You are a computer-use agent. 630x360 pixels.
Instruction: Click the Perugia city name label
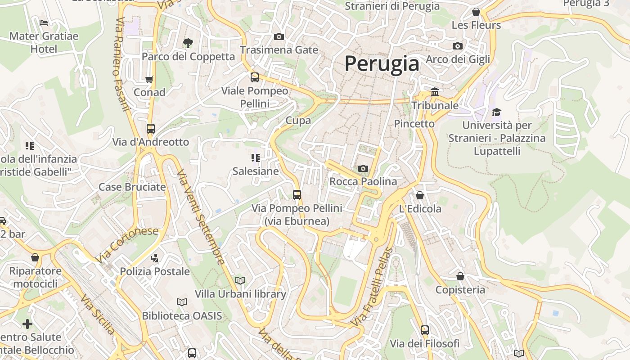(382, 63)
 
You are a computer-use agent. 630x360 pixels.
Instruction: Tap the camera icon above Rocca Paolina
(363, 169)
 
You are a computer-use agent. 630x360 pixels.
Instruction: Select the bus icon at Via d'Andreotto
(151, 129)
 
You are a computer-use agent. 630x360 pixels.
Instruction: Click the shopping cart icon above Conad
(149, 79)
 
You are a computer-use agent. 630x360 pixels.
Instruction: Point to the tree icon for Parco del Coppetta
(188, 43)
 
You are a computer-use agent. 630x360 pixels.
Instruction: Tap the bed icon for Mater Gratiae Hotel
(44, 22)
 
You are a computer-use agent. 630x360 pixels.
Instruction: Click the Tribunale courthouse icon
(435, 92)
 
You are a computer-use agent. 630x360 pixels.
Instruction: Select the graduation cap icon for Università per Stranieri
(496, 112)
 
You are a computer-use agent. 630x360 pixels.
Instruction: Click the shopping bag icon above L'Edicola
(420, 195)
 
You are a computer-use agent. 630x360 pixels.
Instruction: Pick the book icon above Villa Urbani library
(240, 281)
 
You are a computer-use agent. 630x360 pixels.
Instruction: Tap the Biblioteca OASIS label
(182, 316)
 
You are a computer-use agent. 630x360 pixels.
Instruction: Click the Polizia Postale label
(154, 271)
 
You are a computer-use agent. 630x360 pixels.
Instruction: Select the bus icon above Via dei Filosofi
(425, 330)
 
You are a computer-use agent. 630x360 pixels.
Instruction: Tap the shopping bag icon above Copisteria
(460, 276)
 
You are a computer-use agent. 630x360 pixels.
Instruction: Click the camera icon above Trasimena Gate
(279, 36)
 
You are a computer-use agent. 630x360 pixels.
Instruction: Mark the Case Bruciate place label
(132, 187)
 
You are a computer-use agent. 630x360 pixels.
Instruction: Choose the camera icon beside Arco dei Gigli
(458, 46)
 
